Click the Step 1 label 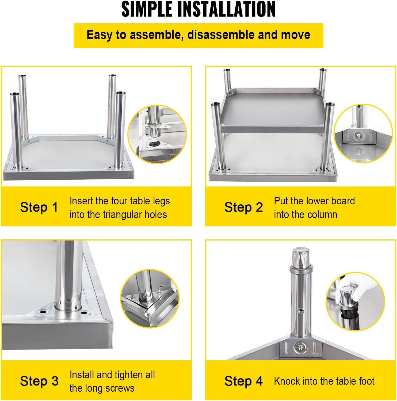click(39, 207)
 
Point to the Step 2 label click(244, 207)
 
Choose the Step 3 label click(39, 381)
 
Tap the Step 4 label click(244, 381)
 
